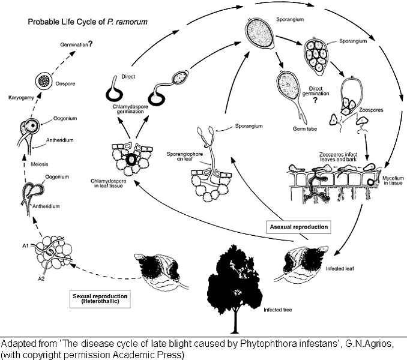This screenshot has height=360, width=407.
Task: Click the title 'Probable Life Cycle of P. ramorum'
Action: (x=87, y=22)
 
